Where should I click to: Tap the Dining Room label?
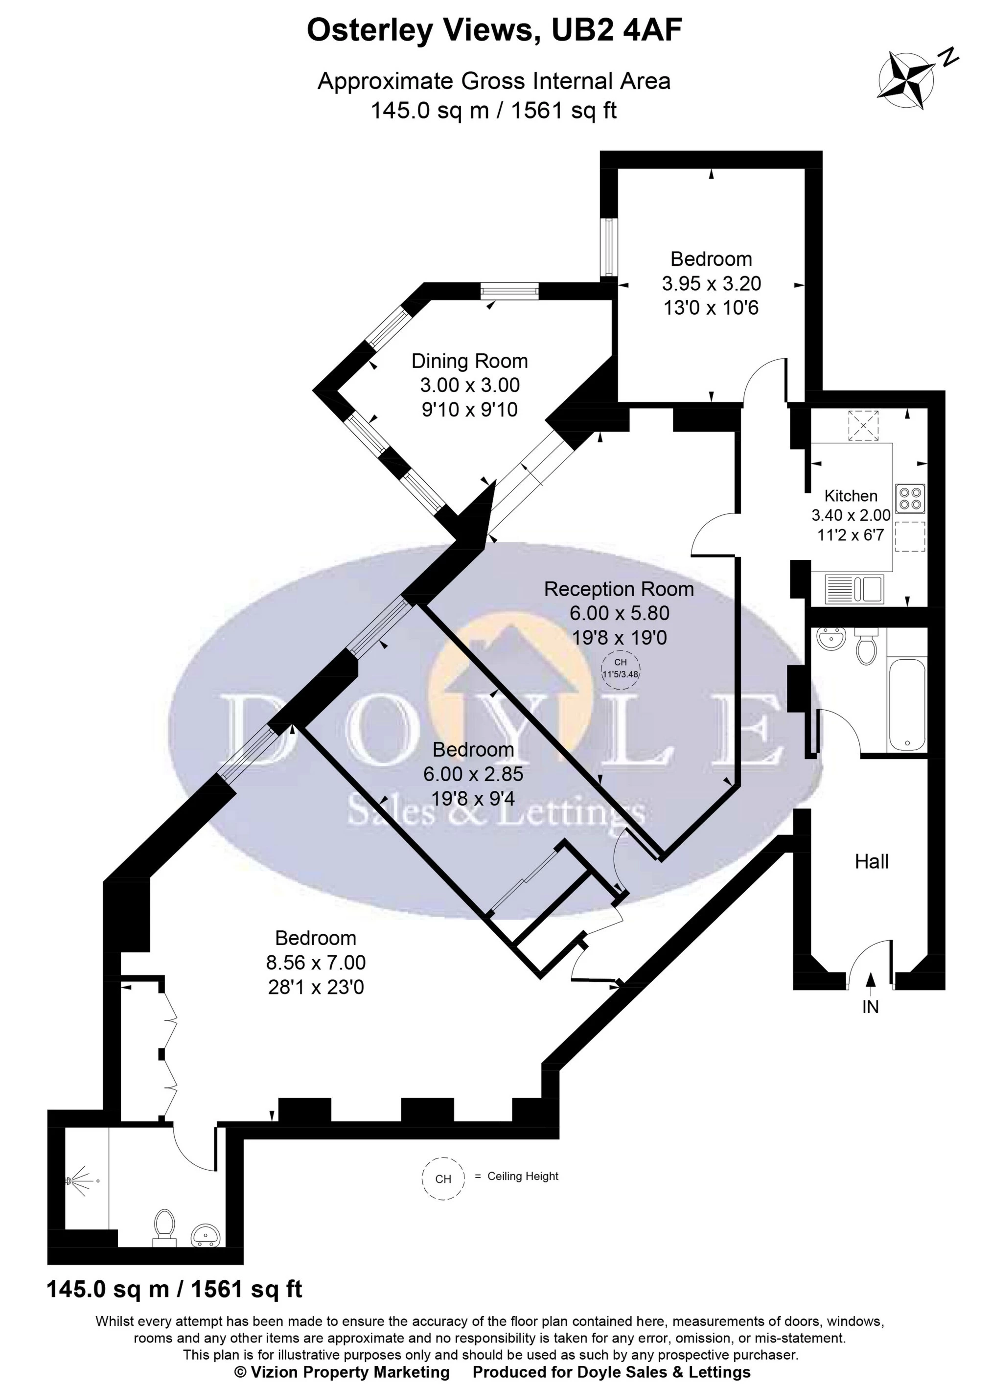point(469,361)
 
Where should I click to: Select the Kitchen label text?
point(851,496)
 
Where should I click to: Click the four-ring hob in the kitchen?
point(910,498)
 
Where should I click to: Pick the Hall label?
point(872,861)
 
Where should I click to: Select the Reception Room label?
point(619,589)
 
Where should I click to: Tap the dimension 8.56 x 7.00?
point(316,962)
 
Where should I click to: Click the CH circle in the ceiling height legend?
point(443,1179)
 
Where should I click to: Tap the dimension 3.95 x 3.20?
point(712,283)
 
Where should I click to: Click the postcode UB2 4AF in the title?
point(616,30)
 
